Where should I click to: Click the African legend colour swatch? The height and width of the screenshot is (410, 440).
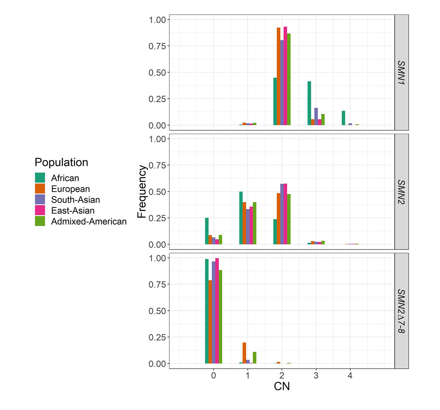tap(40, 178)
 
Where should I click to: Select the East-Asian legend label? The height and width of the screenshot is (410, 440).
tap(73, 210)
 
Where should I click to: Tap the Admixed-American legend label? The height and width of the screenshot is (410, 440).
tap(89, 221)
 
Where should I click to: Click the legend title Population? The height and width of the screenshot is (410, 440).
tap(61, 163)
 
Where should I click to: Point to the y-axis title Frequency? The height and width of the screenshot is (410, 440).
tap(142, 191)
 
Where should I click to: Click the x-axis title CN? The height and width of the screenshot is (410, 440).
tap(282, 386)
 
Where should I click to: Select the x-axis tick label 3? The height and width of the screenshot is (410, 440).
tap(316, 376)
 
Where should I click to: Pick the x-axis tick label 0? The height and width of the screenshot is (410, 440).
tap(213, 376)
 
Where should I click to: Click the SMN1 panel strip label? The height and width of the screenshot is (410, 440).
tap(401, 73)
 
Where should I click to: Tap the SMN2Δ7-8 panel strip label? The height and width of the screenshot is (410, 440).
tap(401, 311)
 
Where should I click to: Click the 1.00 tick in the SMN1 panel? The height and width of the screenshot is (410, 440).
tap(157, 20)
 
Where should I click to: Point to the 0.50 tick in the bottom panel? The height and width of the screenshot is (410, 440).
tap(157, 311)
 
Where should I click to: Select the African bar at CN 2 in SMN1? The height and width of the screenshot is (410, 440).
tap(275, 101)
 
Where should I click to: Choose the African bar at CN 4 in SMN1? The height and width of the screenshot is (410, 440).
tap(344, 118)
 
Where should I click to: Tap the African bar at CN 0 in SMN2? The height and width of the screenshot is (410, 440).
tap(207, 231)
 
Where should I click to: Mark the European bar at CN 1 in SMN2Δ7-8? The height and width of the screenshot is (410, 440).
tap(244, 353)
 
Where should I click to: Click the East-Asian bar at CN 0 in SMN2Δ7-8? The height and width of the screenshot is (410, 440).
tap(217, 311)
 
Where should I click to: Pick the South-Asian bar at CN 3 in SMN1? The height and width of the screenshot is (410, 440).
tap(316, 116)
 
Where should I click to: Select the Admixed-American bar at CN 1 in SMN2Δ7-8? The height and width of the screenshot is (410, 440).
tap(254, 358)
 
